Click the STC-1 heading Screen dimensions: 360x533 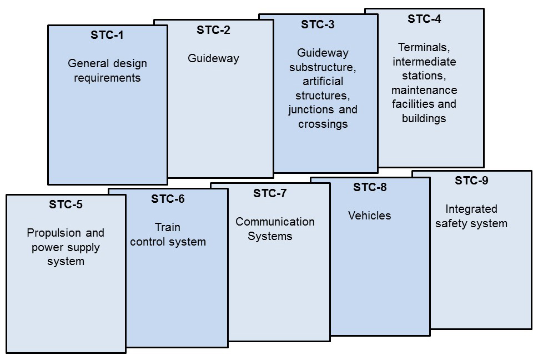click(107, 36)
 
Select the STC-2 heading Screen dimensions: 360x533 click(213, 30)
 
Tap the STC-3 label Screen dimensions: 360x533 click(318, 24)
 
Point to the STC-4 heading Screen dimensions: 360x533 click(424, 19)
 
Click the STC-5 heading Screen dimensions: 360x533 click(66, 204)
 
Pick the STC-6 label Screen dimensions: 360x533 click(168, 199)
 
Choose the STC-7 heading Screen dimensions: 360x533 click(270, 193)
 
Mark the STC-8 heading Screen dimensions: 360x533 click(370, 187)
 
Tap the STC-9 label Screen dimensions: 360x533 click(471, 181)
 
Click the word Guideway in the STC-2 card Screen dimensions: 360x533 click(213, 58)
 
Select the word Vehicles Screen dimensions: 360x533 click(370, 216)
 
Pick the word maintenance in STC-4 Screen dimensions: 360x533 click(424, 90)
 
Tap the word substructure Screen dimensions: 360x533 click(322, 67)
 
